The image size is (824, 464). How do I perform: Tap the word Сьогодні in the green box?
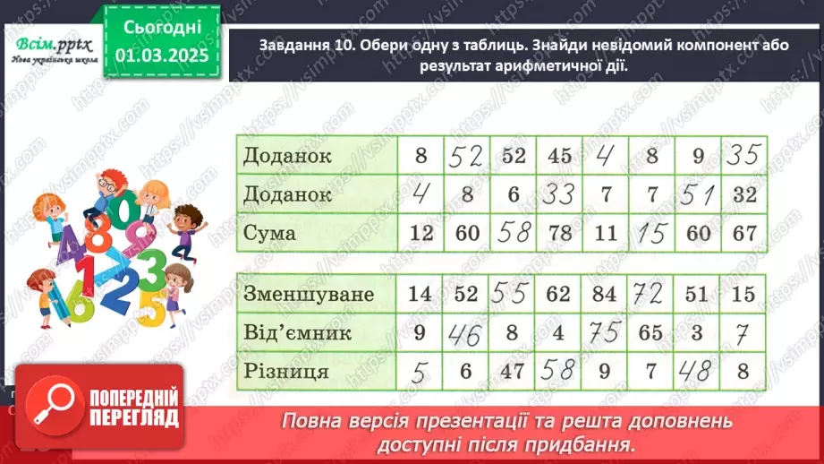coord(161,27)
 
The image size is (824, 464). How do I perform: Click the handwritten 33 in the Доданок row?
coord(560,194)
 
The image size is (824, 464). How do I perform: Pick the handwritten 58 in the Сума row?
coord(514,233)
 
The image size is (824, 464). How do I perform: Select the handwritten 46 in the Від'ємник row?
coord(466,333)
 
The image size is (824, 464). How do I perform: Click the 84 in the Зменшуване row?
coord(607,293)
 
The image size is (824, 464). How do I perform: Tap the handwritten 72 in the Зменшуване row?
coord(652,293)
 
